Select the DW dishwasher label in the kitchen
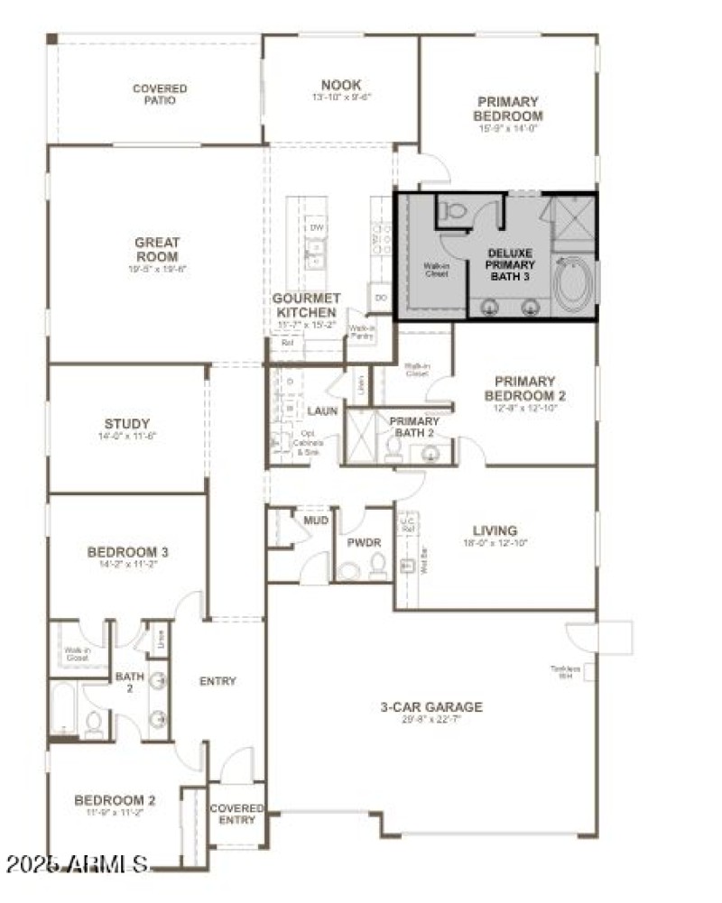coord(316,228)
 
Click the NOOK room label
coord(341,86)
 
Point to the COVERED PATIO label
coord(160,95)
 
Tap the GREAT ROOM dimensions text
coord(158,269)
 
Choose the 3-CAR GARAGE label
coord(430,706)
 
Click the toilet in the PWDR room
coord(377,566)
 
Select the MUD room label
coord(316,521)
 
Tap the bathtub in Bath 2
coord(64,708)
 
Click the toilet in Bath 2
coord(93,721)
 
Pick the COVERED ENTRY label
coord(237,814)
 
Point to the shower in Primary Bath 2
coord(361,437)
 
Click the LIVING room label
coord(495,530)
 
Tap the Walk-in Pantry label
coord(362,333)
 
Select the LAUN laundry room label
coord(321,410)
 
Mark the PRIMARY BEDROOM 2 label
coord(525,388)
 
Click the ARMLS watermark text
coord(77,864)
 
